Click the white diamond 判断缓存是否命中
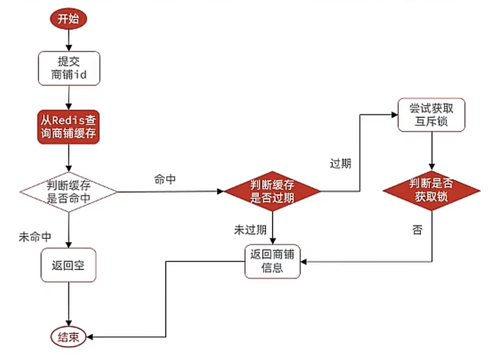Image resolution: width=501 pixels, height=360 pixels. click(x=69, y=192)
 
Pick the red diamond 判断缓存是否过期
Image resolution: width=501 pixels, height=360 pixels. click(x=272, y=192)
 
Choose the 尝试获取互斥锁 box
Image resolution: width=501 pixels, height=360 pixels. click(x=431, y=115)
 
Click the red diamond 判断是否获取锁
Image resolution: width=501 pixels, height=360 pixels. click(x=432, y=190)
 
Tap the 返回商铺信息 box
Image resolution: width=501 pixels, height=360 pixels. click(x=272, y=262)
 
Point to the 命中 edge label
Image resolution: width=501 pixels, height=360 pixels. click(x=164, y=180)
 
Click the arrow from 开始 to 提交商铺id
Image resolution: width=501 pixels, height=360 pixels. click(x=69, y=40)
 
